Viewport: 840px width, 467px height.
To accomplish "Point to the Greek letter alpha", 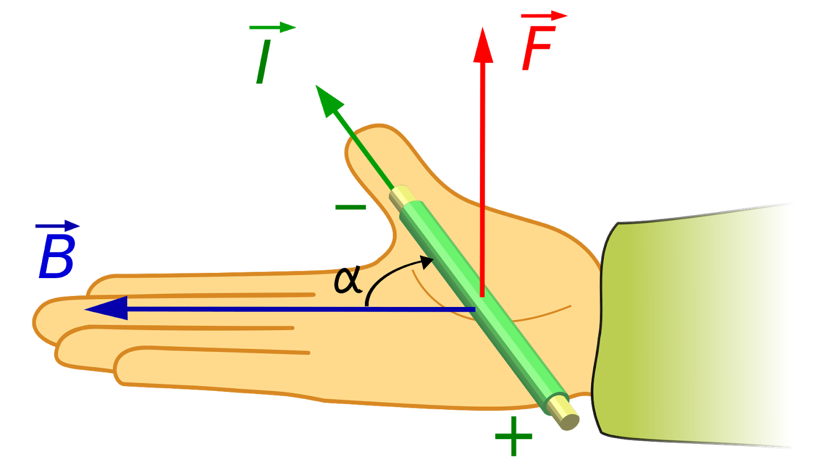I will point(348,279).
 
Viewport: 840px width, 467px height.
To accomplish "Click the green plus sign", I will point(513,436).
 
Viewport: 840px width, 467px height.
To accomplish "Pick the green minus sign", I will point(350,207).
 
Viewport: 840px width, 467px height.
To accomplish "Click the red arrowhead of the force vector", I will point(482,46).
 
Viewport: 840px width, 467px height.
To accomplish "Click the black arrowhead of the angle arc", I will point(427,262).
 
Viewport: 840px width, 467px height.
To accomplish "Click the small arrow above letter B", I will point(58,226).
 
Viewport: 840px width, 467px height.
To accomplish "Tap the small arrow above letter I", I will point(273,27).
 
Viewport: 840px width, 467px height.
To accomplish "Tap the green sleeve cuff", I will point(698,325).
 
